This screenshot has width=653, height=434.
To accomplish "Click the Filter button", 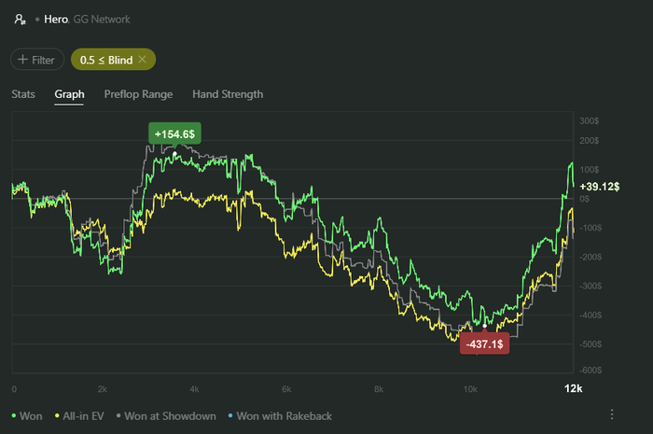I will (37, 59).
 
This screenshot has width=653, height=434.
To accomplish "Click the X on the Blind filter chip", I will (142, 59).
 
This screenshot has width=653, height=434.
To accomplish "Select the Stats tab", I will (23, 93).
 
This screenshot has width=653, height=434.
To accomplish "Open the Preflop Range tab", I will (138, 93).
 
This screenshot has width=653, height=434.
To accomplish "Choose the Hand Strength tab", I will (228, 93).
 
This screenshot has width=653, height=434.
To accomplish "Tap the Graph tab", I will (70, 93).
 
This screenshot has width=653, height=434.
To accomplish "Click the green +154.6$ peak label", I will (174, 134).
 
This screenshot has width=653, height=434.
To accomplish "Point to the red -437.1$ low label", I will (485, 344).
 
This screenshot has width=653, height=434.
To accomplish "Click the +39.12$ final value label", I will (600, 187).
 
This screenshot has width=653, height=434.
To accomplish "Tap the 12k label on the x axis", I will (573, 388).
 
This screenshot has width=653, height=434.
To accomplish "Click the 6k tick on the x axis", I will (286, 388).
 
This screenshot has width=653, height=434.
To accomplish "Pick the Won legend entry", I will (29, 415).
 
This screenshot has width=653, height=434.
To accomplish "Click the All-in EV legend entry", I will (83, 415).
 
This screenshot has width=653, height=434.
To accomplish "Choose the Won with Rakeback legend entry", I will (284, 415).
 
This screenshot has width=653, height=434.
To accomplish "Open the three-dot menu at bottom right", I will (612, 414).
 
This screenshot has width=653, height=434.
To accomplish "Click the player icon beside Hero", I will (18, 19).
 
